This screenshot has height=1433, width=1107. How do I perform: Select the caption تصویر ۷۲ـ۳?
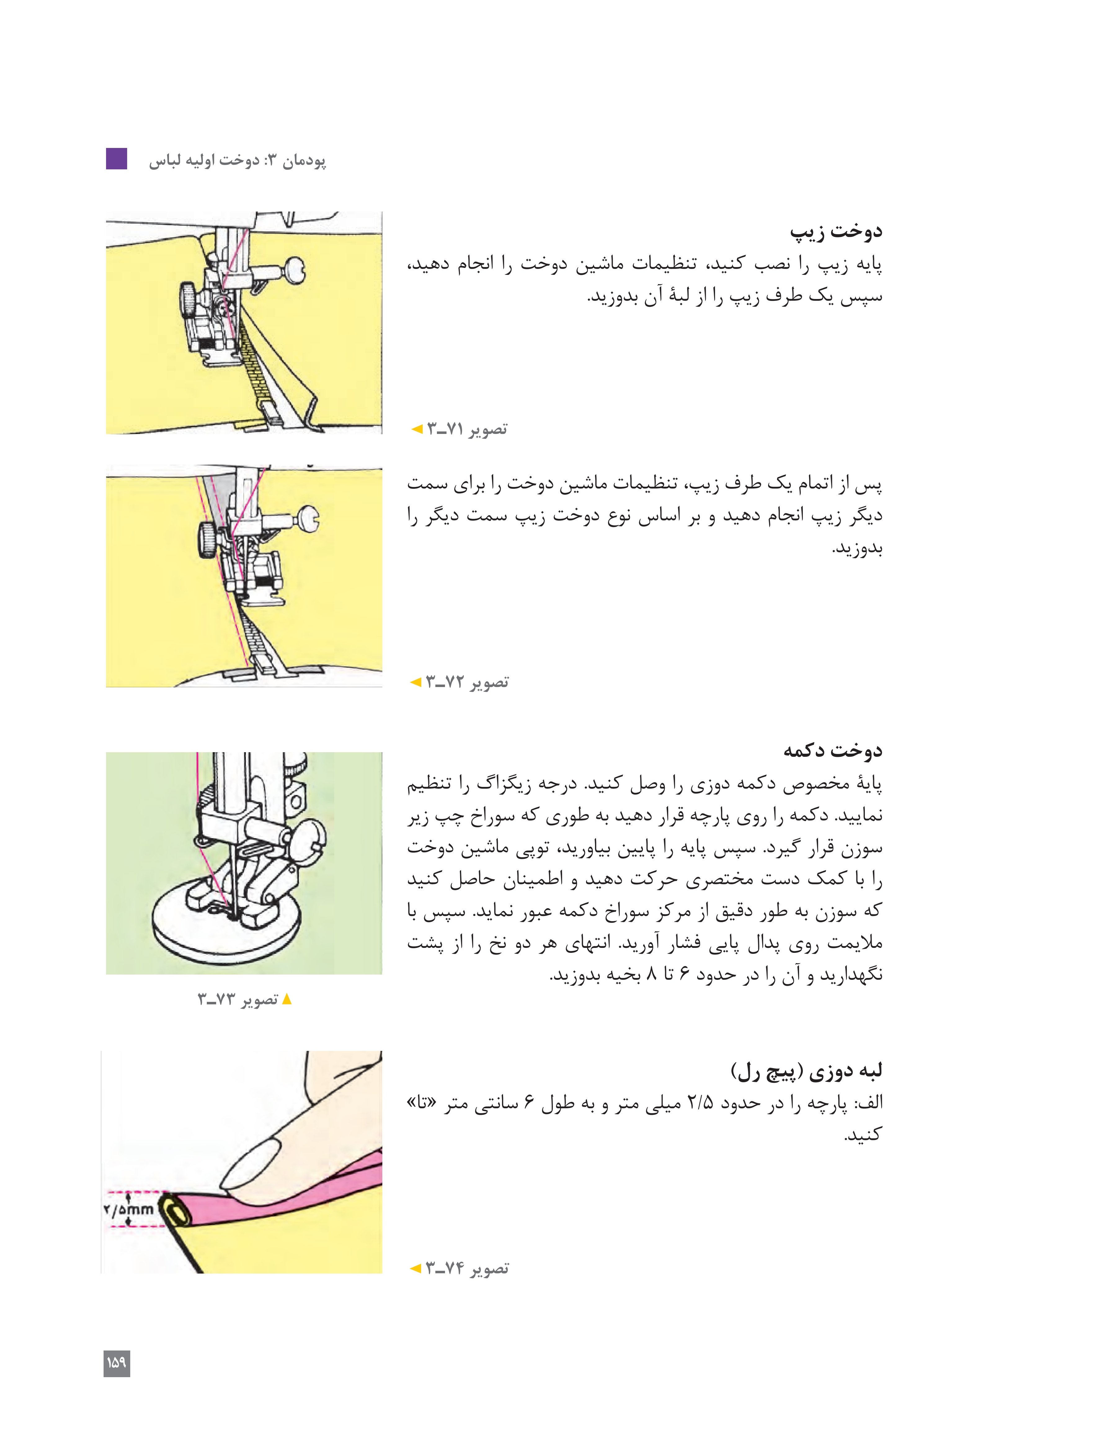tap(467, 682)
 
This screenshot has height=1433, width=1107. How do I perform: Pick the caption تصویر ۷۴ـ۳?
tap(467, 1268)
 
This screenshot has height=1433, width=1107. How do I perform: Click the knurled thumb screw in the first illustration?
tap(188, 300)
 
